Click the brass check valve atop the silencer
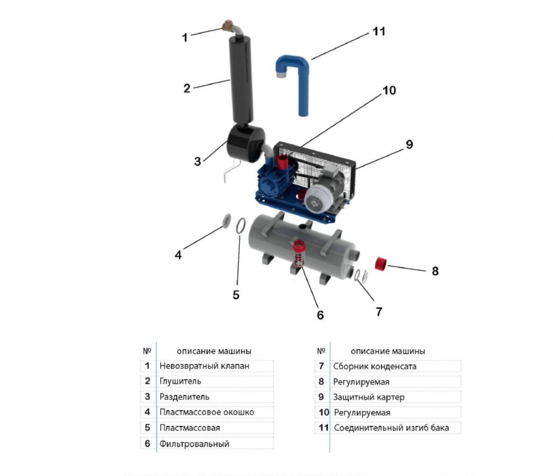(x=227, y=26)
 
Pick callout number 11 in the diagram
(x=379, y=32)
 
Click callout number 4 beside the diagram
(x=178, y=255)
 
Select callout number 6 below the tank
(x=320, y=315)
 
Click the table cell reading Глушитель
(x=180, y=381)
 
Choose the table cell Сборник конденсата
(x=375, y=367)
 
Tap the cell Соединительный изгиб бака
(x=391, y=428)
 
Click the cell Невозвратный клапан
(x=204, y=366)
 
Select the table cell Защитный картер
(x=369, y=397)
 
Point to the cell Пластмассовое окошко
(x=207, y=412)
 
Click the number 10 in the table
(x=323, y=412)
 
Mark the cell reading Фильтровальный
(x=194, y=443)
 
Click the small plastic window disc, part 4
(x=226, y=220)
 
